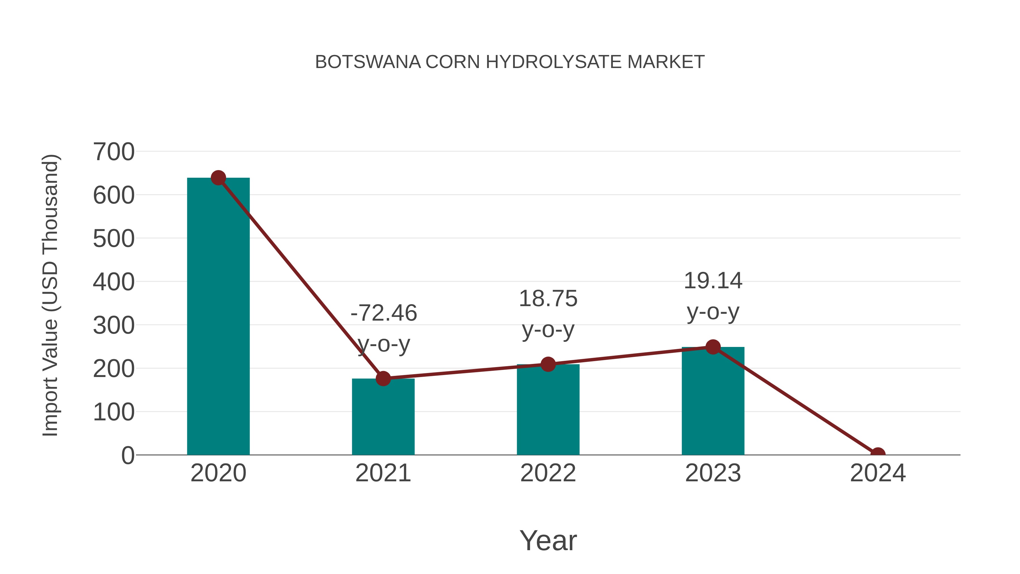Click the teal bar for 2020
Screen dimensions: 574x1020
pos(218,317)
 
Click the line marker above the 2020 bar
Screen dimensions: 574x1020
pos(218,178)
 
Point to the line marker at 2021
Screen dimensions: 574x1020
pos(383,379)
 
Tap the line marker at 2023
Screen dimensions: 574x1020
pos(713,347)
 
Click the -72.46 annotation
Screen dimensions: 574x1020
pos(384,313)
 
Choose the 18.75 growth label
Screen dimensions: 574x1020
pos(548,298)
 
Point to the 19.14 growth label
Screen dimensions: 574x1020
pos(713,281)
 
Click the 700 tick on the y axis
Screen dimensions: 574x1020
pos(114,152)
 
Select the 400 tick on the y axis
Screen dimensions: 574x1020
pos(114,282)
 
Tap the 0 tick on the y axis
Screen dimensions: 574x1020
pos(127,456)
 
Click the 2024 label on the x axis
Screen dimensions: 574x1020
pos(877,473)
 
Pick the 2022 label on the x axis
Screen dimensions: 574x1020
pos(548,473)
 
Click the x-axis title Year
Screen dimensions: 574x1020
pos(548,540)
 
